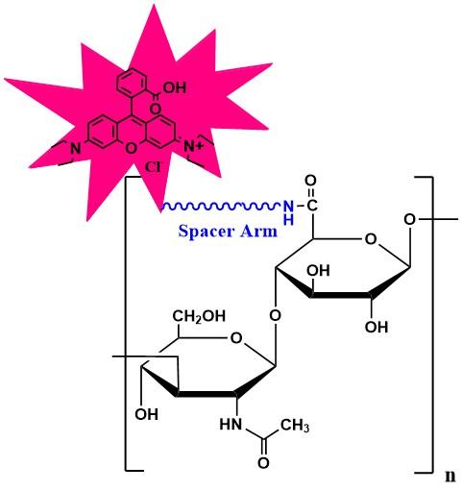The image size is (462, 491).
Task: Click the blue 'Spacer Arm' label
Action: (228, 231)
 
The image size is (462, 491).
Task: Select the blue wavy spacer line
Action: (221, 206)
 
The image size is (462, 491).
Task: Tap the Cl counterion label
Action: (154, 167)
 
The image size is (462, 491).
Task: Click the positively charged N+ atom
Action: (193, 147)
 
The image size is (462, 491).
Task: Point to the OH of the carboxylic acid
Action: (175, 87)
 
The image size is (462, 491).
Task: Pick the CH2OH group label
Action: (199, 316)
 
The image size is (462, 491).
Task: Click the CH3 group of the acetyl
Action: (295, 426)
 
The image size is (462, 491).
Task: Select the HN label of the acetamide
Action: (231, 425)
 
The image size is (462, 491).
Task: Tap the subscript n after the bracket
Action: (450, 477)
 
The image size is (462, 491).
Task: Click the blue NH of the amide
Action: (288, 212)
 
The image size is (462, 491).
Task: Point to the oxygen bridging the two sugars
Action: (275, 315)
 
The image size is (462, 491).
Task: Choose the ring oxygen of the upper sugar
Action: (371, 239)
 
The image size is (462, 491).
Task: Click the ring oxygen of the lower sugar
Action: (236, 337)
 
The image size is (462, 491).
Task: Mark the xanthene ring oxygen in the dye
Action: (131, 149)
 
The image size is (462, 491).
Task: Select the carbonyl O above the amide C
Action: (310, 181)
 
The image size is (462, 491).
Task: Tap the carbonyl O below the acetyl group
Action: (263, 463)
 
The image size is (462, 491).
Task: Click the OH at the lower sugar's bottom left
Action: (147, 414)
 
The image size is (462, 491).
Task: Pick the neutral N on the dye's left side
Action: (76, 148)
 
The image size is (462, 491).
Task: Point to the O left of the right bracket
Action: (409, 220)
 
